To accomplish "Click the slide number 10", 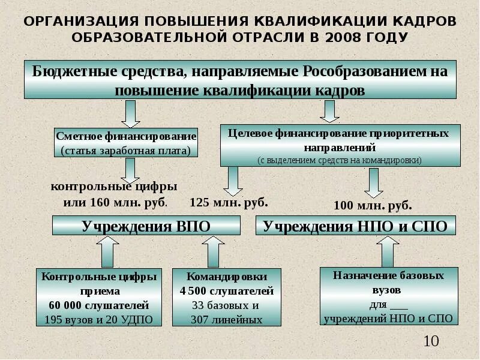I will pos(431,342).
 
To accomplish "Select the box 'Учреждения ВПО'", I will pos(146,226).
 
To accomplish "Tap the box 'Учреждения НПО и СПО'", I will pos(356,226).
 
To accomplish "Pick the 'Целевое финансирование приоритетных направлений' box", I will pos(340,145).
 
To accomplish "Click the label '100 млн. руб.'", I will pos(373,206).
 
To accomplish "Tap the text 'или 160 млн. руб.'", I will pos(115,202).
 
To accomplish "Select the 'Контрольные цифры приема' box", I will pos(99,298).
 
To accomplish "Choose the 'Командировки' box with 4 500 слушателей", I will pos(227,298).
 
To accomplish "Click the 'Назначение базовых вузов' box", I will pos(388,296).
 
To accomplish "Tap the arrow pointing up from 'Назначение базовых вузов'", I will pos(388,251).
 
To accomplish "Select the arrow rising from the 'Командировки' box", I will pos(214,251).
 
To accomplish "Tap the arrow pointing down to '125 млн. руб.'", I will pos(231,179).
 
